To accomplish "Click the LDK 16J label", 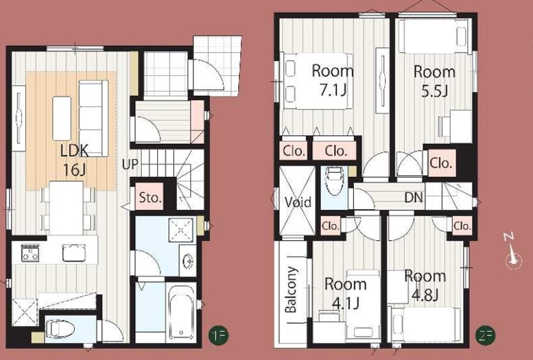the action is (75, 160).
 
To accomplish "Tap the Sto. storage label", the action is (149, 198).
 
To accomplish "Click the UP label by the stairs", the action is (130, 165).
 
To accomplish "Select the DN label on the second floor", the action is (414, 198).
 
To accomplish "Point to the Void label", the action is (298, 202).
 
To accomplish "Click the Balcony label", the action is (292, 290).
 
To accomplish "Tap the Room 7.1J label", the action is (333, 80).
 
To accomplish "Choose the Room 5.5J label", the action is (434, 81).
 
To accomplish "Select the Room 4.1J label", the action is (345, 293).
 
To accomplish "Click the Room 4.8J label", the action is (425, 285).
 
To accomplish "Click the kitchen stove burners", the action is (30, 253).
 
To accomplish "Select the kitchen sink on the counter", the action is (74, 253).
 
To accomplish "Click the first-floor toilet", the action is (60, 329).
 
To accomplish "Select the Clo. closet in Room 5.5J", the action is (441, 163).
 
